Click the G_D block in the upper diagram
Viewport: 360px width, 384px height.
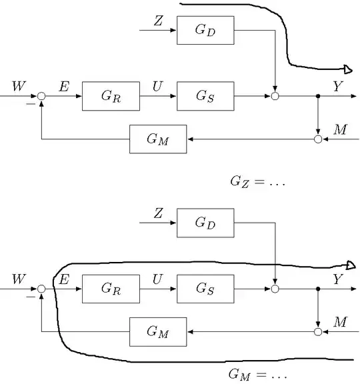[x=205, y=31]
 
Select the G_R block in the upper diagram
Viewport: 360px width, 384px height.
[x=111, y=96]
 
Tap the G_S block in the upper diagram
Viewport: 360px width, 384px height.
[x=205, y=96]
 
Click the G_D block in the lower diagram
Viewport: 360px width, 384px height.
[x=205, y=223]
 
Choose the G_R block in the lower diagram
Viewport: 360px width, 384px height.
[x=111, y=288]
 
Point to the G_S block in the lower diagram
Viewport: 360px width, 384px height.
[x=205, y=288]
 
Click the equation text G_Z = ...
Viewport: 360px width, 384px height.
[x=257, y=181]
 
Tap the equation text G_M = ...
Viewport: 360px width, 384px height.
[x=257, y=375]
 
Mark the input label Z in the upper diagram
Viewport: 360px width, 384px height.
[x=158, y=21]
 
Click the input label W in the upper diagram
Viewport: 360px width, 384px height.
[x=18, y=87]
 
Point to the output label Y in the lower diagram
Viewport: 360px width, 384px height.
[x=337, y=280]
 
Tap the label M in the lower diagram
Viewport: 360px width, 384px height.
[x=340, y=323]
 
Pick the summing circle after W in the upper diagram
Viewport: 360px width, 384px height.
[x=41, y=97]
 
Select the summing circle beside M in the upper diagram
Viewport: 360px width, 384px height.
[x=318, y=139]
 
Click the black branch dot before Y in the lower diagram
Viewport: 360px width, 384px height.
[x=318, y=289]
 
